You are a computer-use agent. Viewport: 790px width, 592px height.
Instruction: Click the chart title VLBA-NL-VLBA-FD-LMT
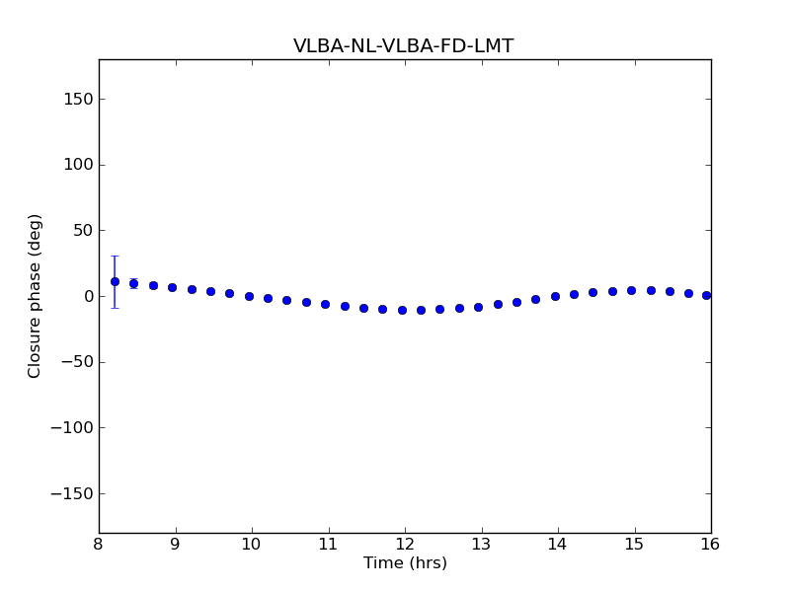coord(403,46)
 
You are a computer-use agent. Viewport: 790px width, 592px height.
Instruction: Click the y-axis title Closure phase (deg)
coord(36,296)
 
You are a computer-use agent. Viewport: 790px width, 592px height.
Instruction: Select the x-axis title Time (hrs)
coord(405,563)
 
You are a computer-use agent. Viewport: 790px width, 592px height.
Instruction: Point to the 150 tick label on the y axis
coord(78,99)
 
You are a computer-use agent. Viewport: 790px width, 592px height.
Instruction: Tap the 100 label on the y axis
coord(78,165)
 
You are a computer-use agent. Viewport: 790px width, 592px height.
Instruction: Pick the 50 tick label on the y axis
coord(82,230)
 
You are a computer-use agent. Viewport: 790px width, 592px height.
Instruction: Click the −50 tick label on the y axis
coord(76,362)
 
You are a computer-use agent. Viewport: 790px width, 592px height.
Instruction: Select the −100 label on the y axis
coord(72,428)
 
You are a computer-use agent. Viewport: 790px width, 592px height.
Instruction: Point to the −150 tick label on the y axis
coord(72,493)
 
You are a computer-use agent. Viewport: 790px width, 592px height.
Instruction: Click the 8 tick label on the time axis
coord(99,545)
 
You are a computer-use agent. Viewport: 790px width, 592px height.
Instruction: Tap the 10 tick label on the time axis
coord(252,545)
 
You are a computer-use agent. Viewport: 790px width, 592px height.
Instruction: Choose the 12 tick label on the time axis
coord(405,545)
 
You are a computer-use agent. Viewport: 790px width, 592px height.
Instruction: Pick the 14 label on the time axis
coord(558,545)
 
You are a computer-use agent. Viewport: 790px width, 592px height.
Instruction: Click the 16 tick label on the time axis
coord(710,545)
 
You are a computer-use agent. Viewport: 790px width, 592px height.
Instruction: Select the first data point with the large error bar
coord(115,281)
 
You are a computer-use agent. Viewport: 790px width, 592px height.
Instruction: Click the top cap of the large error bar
coord(115,256)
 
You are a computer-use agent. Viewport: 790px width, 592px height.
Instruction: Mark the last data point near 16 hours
coord(706,295)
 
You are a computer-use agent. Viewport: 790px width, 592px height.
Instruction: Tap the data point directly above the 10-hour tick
coord(249,296)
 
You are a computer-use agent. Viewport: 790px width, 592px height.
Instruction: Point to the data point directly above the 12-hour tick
coord(402,310)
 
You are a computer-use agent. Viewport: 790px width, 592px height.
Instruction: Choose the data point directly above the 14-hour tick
coord(555,296)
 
